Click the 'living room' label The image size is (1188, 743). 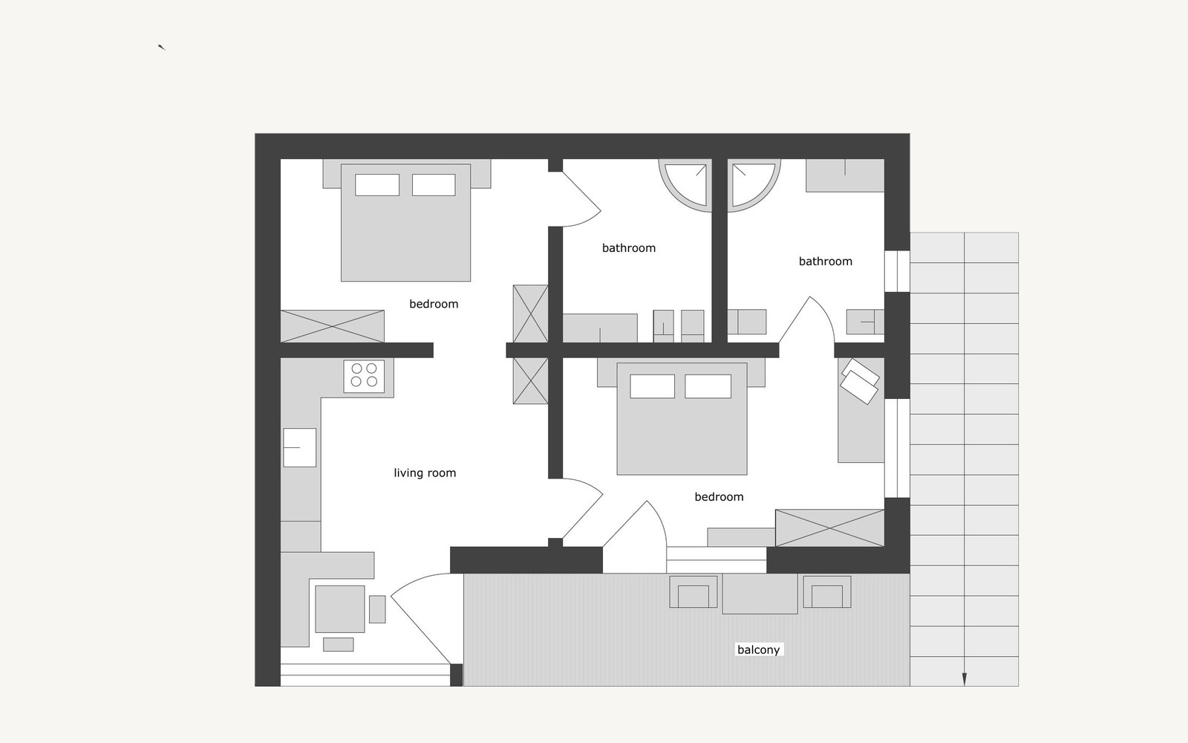(x=425, y=473)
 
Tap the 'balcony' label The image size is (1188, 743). (x=758, y=649)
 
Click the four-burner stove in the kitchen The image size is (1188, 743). (x=364, y=375)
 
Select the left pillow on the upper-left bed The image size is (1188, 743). (x=377, y=185)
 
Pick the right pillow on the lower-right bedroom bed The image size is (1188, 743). (x=708, y=386)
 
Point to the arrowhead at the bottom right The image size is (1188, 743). (x=965, y=679)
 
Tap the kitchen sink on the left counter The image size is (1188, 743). (x=300, y=447)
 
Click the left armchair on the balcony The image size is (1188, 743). (x=693, y=593)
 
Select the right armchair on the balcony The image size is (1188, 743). (x=827, y=593)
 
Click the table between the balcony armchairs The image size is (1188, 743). (x=760, y=594)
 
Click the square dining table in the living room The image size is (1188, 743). (x=340, y=609)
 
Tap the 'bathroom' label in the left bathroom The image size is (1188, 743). (x=629, y=248)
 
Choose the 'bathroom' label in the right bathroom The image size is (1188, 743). (x=826, y=262)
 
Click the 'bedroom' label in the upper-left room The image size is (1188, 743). (x=434, y=304)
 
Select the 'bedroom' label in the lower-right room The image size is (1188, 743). (x=719, y=497)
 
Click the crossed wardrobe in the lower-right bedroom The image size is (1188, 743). (x=829, y=528)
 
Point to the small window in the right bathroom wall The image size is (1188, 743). (x=897, y=271)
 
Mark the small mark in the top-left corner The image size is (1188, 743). (x=161, y=48)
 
